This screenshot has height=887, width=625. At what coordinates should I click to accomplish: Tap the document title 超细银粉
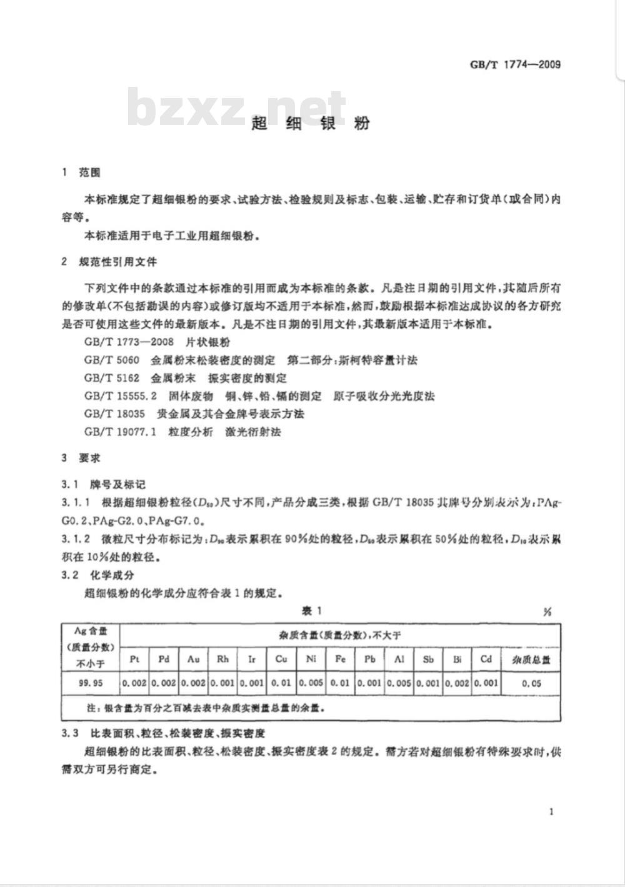(311, 123)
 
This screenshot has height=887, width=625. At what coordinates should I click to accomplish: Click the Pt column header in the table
(134, 659)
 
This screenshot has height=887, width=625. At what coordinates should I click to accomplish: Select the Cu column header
(281, 659)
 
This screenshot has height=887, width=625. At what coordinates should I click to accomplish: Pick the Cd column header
(486, 659)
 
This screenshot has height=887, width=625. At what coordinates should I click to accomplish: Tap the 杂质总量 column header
(531, 660)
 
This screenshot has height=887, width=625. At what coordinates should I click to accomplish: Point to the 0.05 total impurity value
(531, 683)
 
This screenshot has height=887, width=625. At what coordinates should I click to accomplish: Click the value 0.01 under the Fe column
(340, 683)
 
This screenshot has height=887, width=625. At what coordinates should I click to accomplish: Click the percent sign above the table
(547, 612)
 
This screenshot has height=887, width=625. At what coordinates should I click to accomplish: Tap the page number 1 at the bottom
(551, 812)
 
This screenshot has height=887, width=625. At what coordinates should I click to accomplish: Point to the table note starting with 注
(205, 708)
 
